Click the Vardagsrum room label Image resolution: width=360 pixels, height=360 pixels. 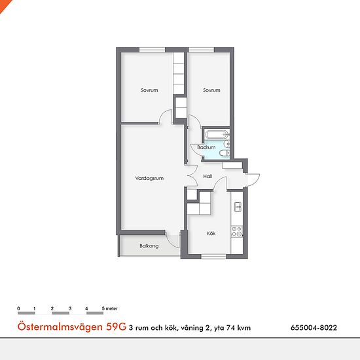149,179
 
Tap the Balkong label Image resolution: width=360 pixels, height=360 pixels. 149,246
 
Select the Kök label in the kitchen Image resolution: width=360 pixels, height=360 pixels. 211,233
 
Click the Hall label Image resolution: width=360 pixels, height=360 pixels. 207,176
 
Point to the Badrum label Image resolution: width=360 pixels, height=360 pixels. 206,147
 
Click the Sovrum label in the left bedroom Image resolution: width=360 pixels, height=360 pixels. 149,90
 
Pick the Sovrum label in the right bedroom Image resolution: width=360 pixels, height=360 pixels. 211,90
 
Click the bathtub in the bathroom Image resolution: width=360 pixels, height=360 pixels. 217,134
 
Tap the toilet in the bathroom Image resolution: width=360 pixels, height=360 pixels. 225,153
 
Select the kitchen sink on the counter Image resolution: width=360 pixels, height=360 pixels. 238,207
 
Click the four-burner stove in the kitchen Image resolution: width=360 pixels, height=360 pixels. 237,232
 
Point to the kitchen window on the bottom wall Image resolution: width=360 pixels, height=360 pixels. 214,257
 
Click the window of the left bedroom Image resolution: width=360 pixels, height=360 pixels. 153,50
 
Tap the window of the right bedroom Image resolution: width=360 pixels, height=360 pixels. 202,50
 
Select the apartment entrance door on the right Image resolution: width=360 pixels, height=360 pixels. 253,179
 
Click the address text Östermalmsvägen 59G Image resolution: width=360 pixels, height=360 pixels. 72,327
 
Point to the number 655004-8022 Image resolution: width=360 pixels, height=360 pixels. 314,328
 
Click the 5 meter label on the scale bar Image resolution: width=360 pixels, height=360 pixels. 110,308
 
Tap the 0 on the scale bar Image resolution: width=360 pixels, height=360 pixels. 18,308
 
